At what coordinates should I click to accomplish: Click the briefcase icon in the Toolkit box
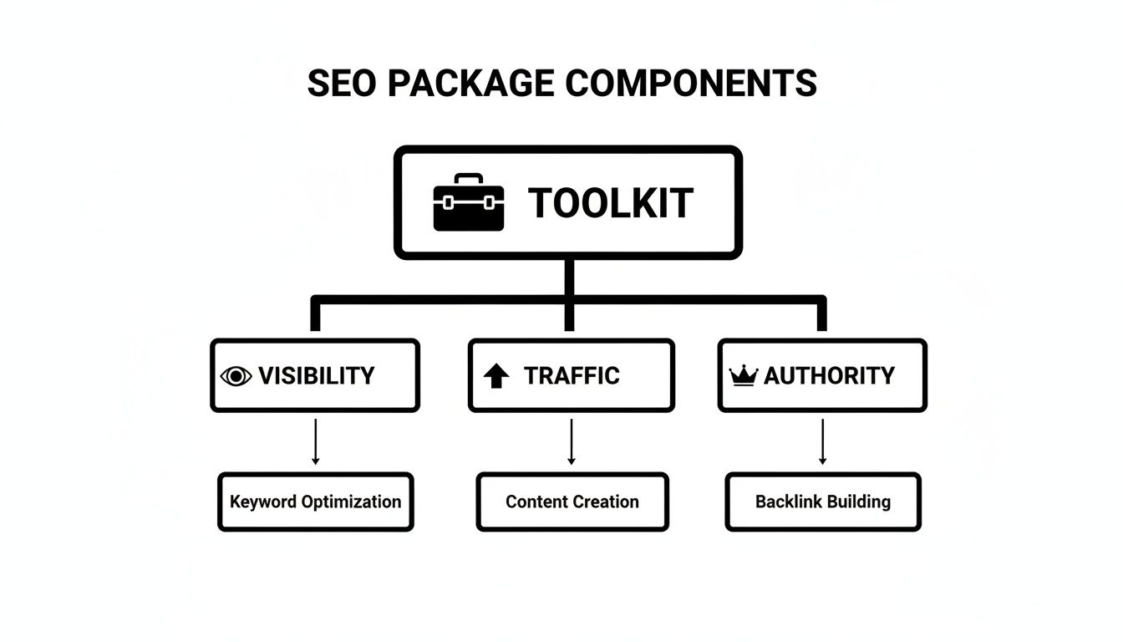pos(469,203)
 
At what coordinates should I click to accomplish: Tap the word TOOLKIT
pos(611,203)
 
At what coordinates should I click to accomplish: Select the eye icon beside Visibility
pos(236,376)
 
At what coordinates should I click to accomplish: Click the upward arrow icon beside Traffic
pos(496,376)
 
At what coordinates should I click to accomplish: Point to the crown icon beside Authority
pos(743,376)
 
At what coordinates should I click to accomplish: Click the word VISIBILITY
pos(316,376)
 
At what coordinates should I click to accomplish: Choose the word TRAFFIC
pos(572,376)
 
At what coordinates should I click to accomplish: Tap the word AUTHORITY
pos(829,376)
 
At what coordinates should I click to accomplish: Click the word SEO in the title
pos(340,84)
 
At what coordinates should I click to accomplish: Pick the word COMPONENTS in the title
pos(691,84)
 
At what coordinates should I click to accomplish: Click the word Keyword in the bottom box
pos(262,502)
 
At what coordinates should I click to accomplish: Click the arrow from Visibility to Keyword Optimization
pos(316,441)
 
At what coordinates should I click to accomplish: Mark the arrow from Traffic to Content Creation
pos(572,441)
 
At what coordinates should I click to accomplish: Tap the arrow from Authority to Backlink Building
pos(822,441)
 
